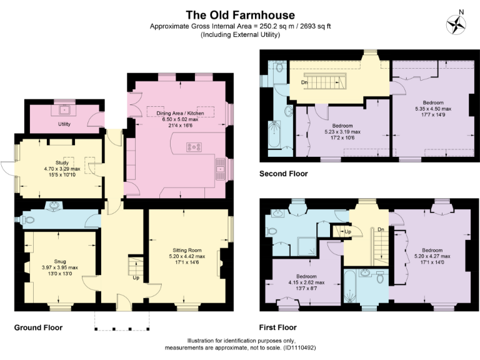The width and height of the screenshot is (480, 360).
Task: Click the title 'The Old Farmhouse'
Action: coord(240,14)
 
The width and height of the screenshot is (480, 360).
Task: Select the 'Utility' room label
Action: coord(64,124)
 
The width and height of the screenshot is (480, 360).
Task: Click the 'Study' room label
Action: coord(62,162)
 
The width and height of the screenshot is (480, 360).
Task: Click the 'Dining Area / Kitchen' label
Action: coord(180,113)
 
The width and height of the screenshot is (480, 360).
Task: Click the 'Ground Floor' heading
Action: coord(38,327)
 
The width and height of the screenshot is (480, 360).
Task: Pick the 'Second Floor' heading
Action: coord(283,174)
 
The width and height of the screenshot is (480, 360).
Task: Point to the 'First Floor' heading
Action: coord(277,327)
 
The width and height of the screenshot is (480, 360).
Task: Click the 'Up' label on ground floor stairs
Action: coord(136,277)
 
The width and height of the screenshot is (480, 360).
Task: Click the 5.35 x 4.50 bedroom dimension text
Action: coord(428,108)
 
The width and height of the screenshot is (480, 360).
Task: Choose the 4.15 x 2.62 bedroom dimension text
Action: coord(306,282)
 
